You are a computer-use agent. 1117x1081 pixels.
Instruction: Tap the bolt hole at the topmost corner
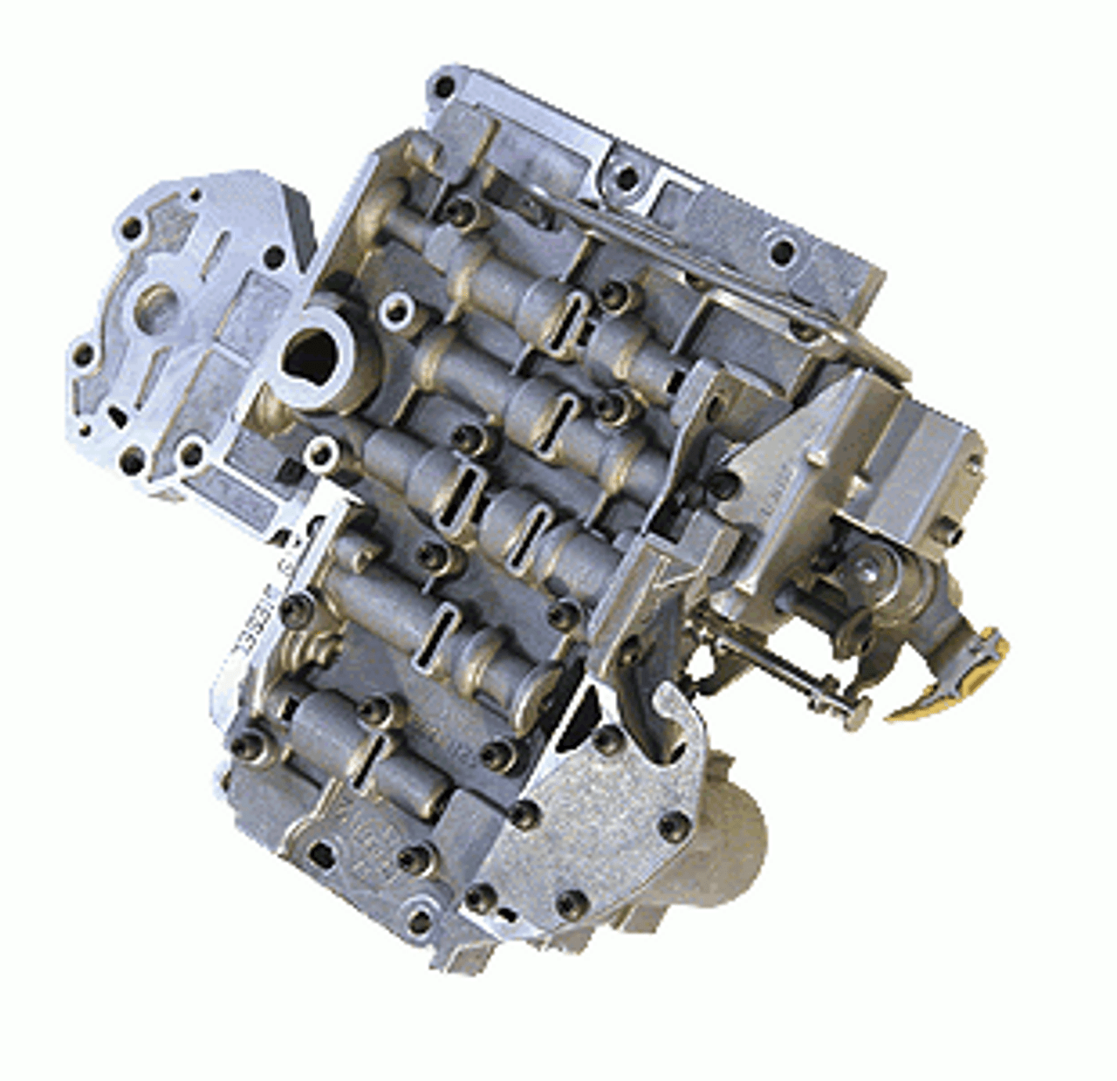click(x=444, y=86)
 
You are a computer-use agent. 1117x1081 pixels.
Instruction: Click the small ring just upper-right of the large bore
click(x=399, y=307)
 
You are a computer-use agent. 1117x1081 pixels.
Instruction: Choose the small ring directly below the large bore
click(x=322, y=451)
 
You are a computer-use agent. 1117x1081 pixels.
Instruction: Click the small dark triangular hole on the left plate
click(x=115, y=417)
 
